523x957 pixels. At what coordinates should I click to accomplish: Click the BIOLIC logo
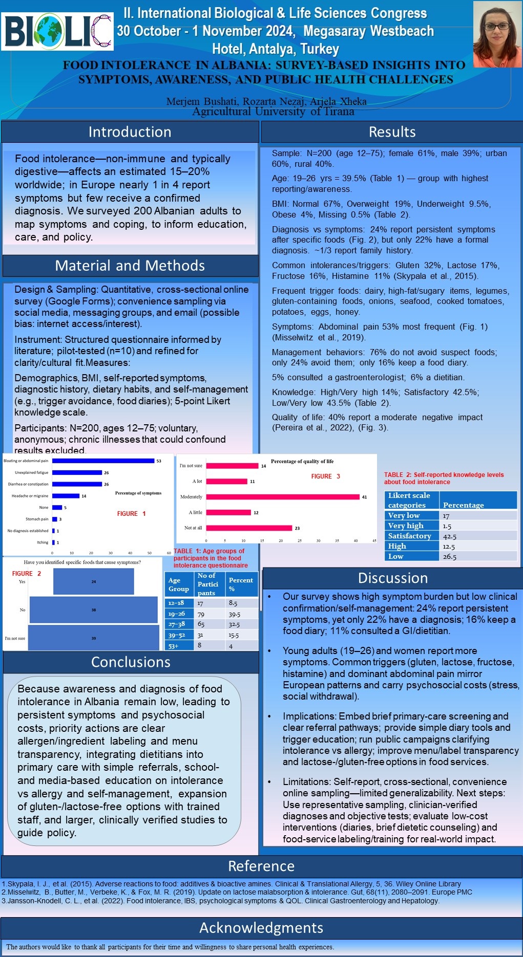point(57,32)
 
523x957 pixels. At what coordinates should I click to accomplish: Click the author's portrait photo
point(496,34)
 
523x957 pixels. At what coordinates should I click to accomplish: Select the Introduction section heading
point(130,132)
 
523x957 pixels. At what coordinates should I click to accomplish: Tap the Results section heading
point(392,132)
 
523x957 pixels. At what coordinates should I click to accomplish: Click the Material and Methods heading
point(130,266)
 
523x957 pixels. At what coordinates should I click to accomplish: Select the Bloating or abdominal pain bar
point(103,461)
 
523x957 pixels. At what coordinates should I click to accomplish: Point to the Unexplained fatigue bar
point(77,472)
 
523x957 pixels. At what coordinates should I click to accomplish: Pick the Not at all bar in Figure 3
point(249,528)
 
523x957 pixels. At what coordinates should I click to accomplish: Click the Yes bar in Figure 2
point(93,582)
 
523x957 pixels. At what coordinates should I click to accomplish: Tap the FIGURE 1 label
point(131,514)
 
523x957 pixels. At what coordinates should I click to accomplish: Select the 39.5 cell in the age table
point(235,614)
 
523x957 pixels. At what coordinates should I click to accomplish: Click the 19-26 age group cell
point(177,614)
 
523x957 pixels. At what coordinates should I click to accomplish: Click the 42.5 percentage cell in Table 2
point(450,536)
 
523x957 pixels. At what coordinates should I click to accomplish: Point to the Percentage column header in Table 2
point(463,505)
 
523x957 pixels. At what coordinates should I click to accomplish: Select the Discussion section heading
point(392,578)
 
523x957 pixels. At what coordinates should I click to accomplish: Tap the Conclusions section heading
point(131,662)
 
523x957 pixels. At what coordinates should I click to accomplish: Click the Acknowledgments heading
point(261,928)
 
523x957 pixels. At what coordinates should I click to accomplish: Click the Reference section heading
point(261,866)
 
